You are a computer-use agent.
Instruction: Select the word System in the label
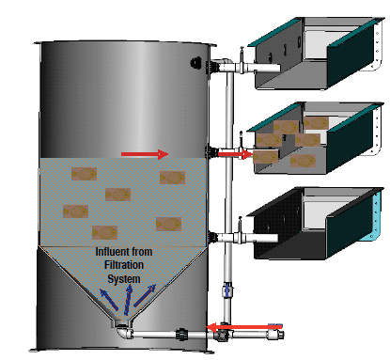pyautogui.click(x=124, y=278)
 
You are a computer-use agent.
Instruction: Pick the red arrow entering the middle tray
pyautogui.click(x=242, y=154)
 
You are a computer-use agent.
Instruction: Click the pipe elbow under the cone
pyautogui.click(x=123, y=330)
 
